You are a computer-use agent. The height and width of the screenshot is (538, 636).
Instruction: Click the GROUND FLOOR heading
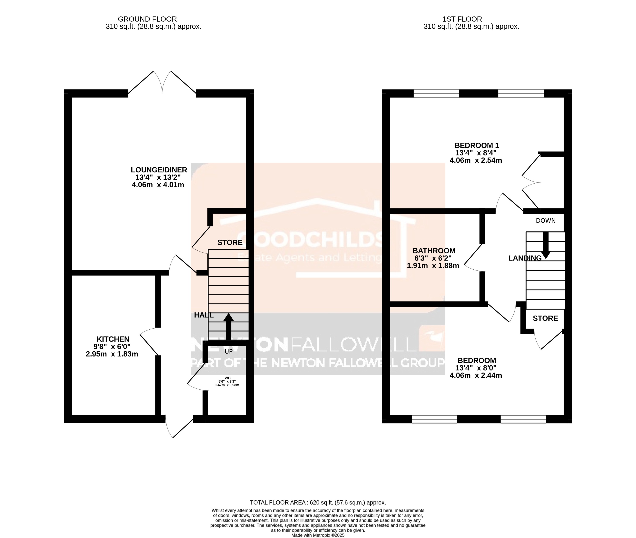pyautogui.click(x=147, y=19)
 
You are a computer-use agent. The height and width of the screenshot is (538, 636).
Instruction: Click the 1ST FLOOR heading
pyautogui.click(x=462, y=19)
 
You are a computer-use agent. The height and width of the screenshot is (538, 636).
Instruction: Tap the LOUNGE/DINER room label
pyautogui.click(x=159, y=170)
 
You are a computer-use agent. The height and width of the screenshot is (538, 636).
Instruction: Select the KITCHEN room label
pyautogui.click(x=113, y=339)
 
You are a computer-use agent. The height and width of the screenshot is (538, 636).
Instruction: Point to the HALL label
pyautogui.click(x=204, y=315)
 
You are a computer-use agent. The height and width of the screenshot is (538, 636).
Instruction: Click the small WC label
pyautogui.click(x=227, y=378)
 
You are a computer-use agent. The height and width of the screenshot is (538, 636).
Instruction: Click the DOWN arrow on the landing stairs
pyautogui.click(x=545, y=245)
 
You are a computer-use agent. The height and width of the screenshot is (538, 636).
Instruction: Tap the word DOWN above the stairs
pyautogui.click(x=546, y=221)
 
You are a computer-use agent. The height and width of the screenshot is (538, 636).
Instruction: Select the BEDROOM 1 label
pyautogui.click(x=477, y=145)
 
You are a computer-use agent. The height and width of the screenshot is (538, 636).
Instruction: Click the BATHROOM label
pyautogui.click(x=434, y=251)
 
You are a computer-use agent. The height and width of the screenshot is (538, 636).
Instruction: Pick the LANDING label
pyautogui.click(x=525, y=258)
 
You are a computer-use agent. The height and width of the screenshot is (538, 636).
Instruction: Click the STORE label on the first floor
pyautogui.click(x=545, y=318)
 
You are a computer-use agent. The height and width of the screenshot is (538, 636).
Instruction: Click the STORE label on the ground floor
pyautogui.click(x=230, y=243)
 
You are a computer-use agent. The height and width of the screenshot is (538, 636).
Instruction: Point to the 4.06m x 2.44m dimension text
pyautogui.click(x=476, y=376)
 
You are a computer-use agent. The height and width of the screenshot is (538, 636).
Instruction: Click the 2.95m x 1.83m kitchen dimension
pyautogui.click(x=112, y=354)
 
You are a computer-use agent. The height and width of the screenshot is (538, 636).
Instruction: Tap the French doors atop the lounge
pyautogui.click(x=162, y=82)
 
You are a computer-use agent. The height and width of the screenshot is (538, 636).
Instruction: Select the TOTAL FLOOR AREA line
pyautogui.click(x=318, y=502)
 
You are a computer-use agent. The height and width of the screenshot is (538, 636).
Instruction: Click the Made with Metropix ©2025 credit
pyautogui.click(x=318, y=535)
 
